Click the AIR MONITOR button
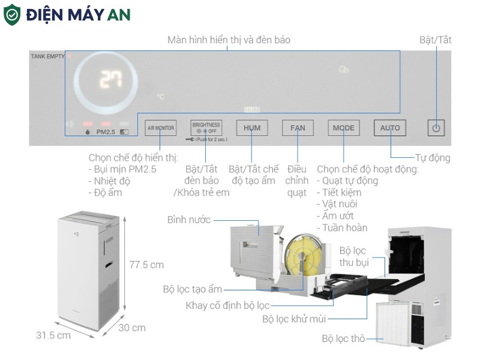click(x=161, y=128)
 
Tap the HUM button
click(x=252, y=128)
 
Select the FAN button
click(x=298, y=128)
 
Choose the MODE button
click(x=344, y=128)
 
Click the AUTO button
click(x=390, y=128)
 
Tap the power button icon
click(x=436, y=127)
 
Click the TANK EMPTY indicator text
click(x=47, y=56)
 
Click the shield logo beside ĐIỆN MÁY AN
click(x=12, y=15)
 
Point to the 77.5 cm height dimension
click(x=146, y=265)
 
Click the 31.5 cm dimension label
click(x=53, y=335)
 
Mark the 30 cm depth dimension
click(x=132, y=328)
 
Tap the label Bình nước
click(x=189, y=220)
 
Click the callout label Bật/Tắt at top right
click(x=436, y=40)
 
